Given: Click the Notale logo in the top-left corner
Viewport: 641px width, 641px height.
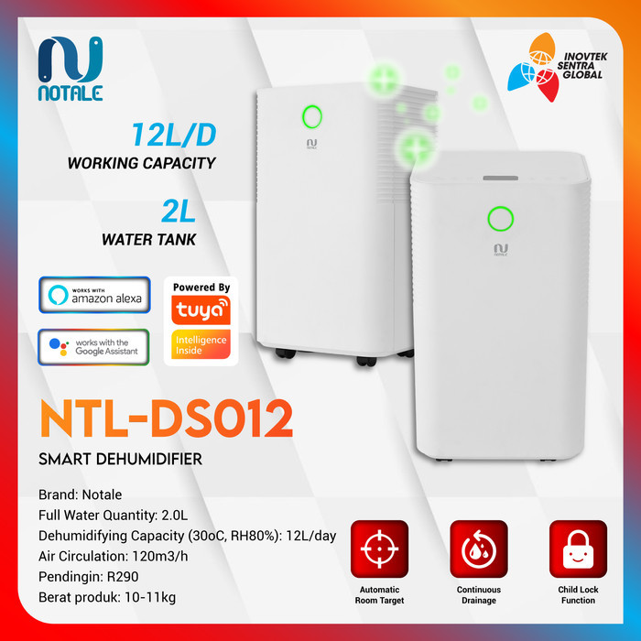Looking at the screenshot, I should point(71,68).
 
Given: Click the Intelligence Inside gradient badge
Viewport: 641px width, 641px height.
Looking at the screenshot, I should point(201,345).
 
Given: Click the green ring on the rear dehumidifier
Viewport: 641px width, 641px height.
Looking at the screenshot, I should point(311,116).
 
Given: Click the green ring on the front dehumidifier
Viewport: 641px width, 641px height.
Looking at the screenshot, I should point(500,219).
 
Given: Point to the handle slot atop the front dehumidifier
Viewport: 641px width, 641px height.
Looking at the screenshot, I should point(501,178).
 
